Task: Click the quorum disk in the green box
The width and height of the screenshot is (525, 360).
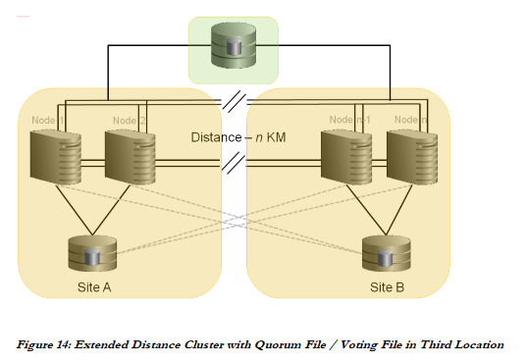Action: pyautogui.click(x=234, y=47)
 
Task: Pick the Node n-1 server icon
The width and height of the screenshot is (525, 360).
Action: pyautogui.click(x=345, y=160)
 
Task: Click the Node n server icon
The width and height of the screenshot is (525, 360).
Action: pyautogui.click(x=409, y=160)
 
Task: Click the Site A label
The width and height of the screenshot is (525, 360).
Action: pyautogui.click(x=95, y=288)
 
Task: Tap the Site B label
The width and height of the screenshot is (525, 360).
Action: pyautogui.click(x=389, y=288)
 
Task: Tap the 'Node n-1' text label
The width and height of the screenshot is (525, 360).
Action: pyautogui.click(x=348, y=120)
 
